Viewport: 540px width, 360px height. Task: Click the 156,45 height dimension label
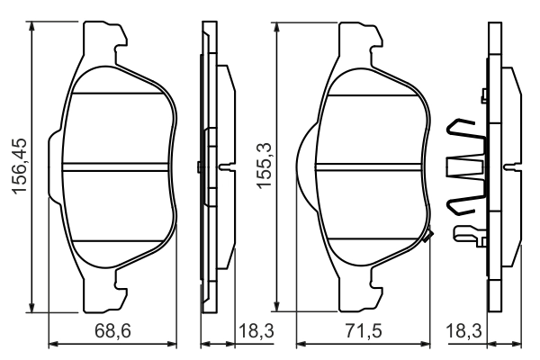(x=16, y=167)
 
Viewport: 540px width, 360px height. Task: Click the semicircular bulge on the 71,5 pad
(x=306, y=167)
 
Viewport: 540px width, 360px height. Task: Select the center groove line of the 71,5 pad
(x=370, y=165)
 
